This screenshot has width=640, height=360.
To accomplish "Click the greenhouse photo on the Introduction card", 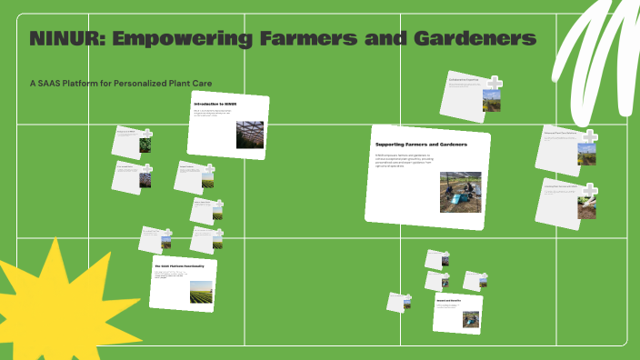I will point(249,135).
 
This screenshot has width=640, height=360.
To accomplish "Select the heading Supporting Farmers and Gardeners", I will point(421,145).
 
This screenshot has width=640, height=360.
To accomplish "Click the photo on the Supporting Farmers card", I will point(460,192).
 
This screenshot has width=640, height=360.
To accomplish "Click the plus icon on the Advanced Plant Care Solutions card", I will point(589,137).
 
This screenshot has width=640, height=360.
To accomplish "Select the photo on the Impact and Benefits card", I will point(469,319).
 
